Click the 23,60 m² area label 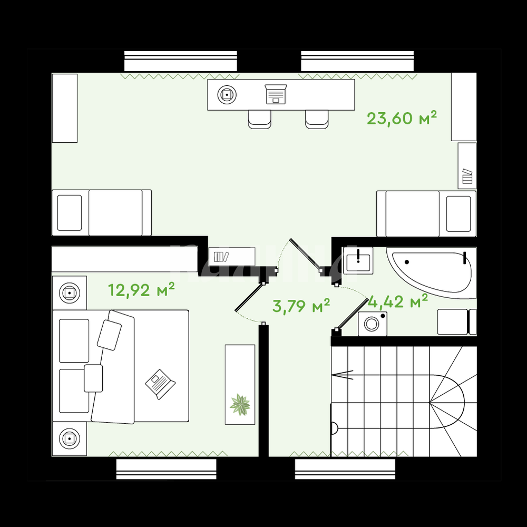(x=402, y=118)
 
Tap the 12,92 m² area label (x=141, y=290)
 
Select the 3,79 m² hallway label (x=301, y=306)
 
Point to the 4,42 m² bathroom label (x=398, y=301)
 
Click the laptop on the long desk (x=276, y=94)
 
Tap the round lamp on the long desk (x=227, y=95)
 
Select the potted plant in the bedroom (x=240, y=405)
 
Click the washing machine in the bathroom (x=373, y=324)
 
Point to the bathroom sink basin (x=358, y=261)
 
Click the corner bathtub (x=431, y=272)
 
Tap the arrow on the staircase (x=342, y=374)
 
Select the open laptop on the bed (x=160, y=384)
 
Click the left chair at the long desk (x=259, y=119)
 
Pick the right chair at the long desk (x=317, y=119)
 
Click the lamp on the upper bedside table (x=70, y=293)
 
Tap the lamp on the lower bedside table (x=70, y=438)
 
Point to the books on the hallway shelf (x=221, y=257)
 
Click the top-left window (x=180, y=61)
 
